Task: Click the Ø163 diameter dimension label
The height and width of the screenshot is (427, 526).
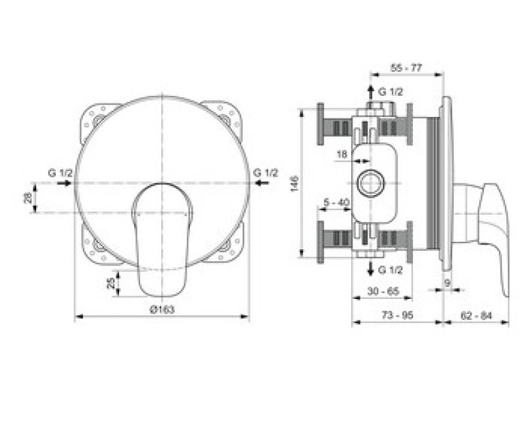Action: tap(162, 309)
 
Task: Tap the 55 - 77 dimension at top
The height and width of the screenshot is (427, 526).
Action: tap(406, 68)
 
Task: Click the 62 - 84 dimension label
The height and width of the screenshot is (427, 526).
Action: tap(476, 315)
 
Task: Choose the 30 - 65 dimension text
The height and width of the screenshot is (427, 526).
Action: tap(382, 290)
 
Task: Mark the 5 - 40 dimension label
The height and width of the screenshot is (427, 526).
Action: tap(336, 202)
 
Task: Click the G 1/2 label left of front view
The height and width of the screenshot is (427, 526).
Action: tap(60, 172)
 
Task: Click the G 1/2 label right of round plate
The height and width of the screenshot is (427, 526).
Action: tap(266, 172)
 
